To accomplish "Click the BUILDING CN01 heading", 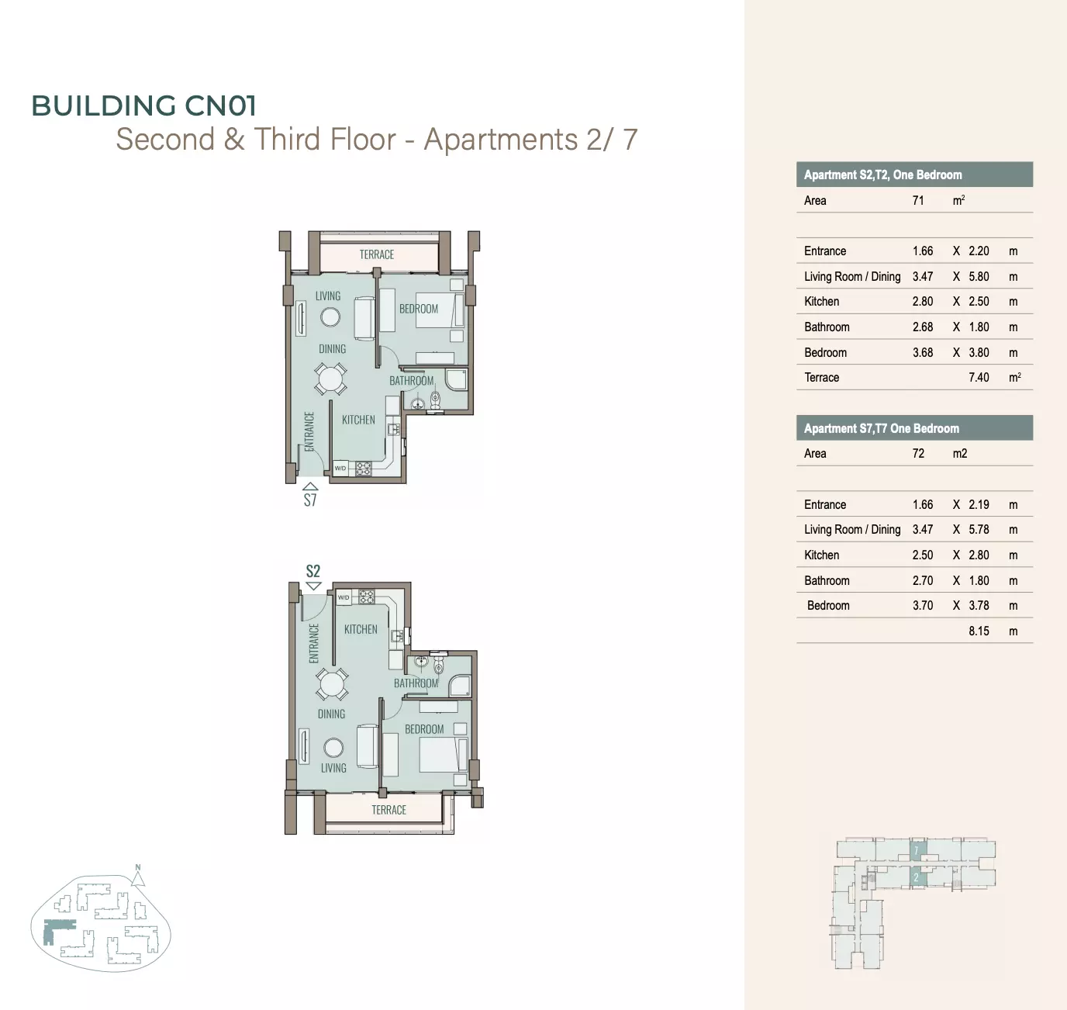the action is pyautogui.click(x=143, y=105).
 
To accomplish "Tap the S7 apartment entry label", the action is pyautogui.click(x=310, y=500).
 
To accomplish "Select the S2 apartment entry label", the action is pyautogui.click(x=313, y=571).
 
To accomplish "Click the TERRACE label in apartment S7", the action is pyautogui.click(x=377, y=254).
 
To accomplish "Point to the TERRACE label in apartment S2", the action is pyautogui.click(x=388, y=810).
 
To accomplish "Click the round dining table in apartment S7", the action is pyautogui.click(x=330, y=379).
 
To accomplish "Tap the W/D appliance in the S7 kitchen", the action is pyautogui.click(x=340, y=468).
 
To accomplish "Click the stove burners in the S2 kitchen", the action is pyautogui.click(x=367, y=597).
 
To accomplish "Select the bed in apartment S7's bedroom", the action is pyautogui.click(x=440, y=310).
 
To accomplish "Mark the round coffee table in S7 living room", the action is pyautogui.click(x=330, y=317).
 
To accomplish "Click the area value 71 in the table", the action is pyautogui.click(x=918, y=200).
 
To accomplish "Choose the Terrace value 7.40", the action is pyautogui.click(x=979, y=377).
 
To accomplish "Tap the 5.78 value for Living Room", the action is pyautogui.click(x=979, y=529).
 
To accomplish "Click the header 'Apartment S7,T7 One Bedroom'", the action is pyautogui.click(x=882, y=428).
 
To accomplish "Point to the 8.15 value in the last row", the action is pyautogui.click(x=979, y=631).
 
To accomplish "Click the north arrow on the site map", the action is pyautogui.click(x=138, y=875).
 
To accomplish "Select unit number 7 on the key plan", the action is pyautogui.click(x=916, y=851).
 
